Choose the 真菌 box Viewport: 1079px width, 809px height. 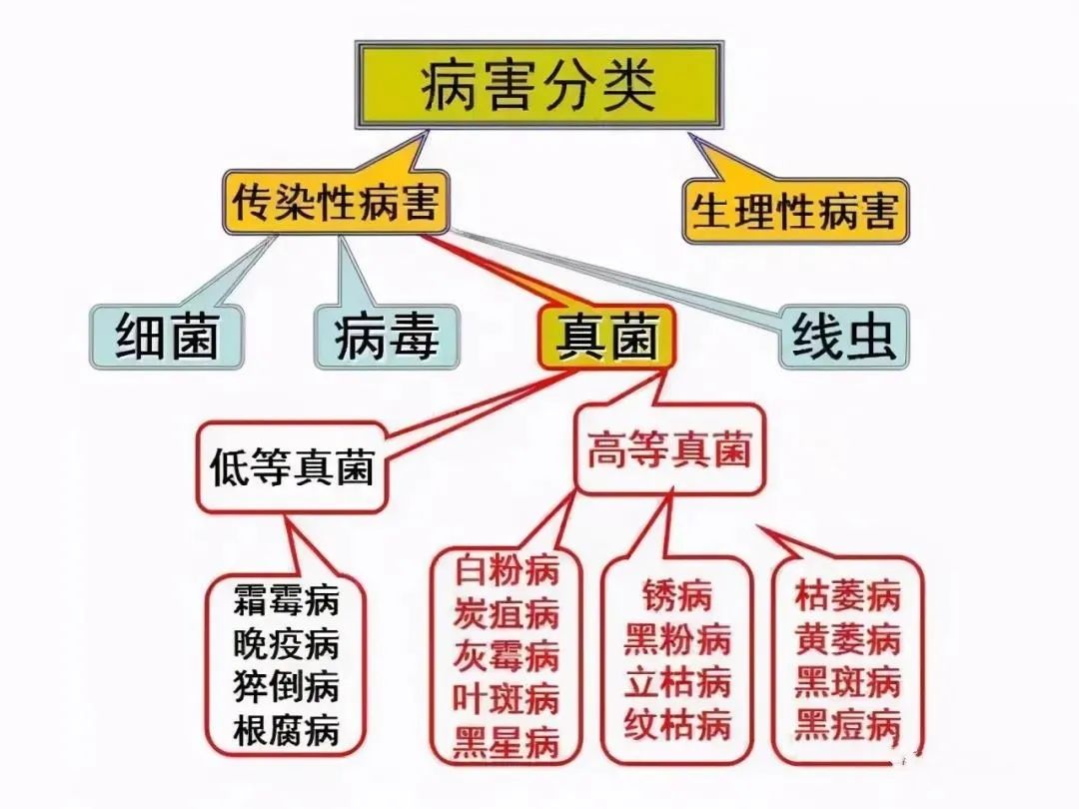pyautogui.click(x=607, y=336)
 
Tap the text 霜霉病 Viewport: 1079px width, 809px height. pyautogui.click(x=286, y=599)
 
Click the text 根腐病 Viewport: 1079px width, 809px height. pyautogui.click(x=286, y=731)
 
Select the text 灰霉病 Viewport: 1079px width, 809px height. pyautogui.click(x=506, y=655)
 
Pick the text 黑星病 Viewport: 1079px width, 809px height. pyautogui.click(x=506, y=742)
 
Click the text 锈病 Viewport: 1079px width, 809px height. pyautogui.click(x=676, y=596)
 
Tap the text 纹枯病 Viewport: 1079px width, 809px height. pyautogui.click(x=676, y=725)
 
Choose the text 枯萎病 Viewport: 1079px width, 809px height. pyautogui.click(x=847, y=595)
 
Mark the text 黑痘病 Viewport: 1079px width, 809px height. pyautogui.click(x=847, y=725)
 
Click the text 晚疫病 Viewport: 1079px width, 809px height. pyautogui.click(x=286, y=643)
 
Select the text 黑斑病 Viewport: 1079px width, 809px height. pyautogui.click(x=847, y=682)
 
